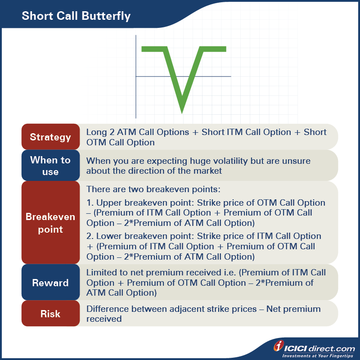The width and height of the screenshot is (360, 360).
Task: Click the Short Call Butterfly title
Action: [x=76, y=17]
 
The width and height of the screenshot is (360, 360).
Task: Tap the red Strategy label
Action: [x=50, y=137]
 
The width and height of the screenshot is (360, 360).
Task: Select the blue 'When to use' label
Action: [x=50, y=166]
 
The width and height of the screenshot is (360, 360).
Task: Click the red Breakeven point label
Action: [x=50, y=223]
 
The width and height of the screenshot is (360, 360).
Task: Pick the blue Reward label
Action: [x=50, y=283]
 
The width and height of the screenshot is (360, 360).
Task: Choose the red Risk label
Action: [x=50, y=314]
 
